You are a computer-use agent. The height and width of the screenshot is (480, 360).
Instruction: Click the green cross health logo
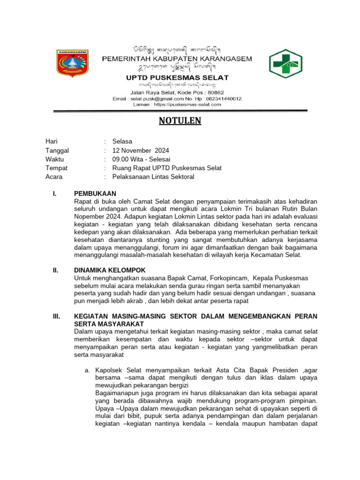click(285, 63)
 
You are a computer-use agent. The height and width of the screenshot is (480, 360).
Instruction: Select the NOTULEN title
click(180, 121)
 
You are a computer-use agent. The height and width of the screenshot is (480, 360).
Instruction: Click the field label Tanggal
click(57, 150)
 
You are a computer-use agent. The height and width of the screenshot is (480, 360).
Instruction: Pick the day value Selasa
click(122, 142)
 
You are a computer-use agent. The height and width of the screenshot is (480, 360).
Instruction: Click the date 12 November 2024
click(141, 150)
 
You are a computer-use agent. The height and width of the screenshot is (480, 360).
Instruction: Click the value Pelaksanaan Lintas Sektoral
click(153, 177)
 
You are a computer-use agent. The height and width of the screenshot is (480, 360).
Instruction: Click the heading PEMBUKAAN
click(95, 194)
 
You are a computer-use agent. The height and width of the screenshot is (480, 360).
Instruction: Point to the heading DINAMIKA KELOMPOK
click(110, 270)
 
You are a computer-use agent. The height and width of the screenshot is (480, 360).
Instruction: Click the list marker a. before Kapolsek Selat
click(88, 370)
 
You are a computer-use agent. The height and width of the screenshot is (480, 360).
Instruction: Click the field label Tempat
click(56, 168)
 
